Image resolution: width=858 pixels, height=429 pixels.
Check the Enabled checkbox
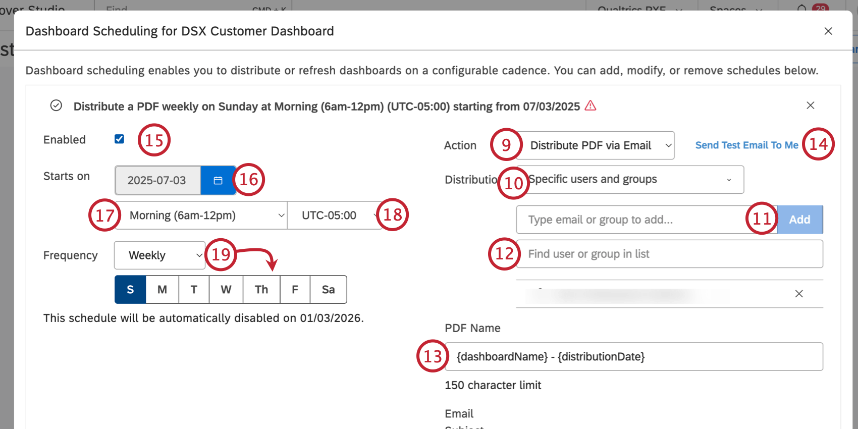(119, 139)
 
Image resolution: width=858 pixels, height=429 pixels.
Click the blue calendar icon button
(218, 180)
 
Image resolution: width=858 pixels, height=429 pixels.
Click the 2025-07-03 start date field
(157, 180)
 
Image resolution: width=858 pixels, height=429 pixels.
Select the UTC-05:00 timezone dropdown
(333, 216)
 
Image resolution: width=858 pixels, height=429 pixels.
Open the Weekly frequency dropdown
(159, 255)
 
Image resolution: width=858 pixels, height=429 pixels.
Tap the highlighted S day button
(130, 290)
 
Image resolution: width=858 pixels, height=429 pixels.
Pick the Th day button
(261, 290)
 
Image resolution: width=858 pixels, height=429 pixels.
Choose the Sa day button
(328, 290)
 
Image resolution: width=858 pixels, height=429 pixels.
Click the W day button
(226, 290)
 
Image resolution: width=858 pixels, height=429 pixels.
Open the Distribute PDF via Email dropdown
(596, 146)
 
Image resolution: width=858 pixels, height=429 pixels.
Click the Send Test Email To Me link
(746, 145)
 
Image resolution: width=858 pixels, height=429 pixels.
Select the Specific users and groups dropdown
(631, 180)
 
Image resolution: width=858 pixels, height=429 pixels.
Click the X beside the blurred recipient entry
(799, 294)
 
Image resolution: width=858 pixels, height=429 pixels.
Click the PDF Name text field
(636, 357)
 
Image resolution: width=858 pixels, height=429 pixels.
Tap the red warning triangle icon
(591, 106)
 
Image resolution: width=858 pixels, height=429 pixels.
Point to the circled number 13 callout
(433, 356)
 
